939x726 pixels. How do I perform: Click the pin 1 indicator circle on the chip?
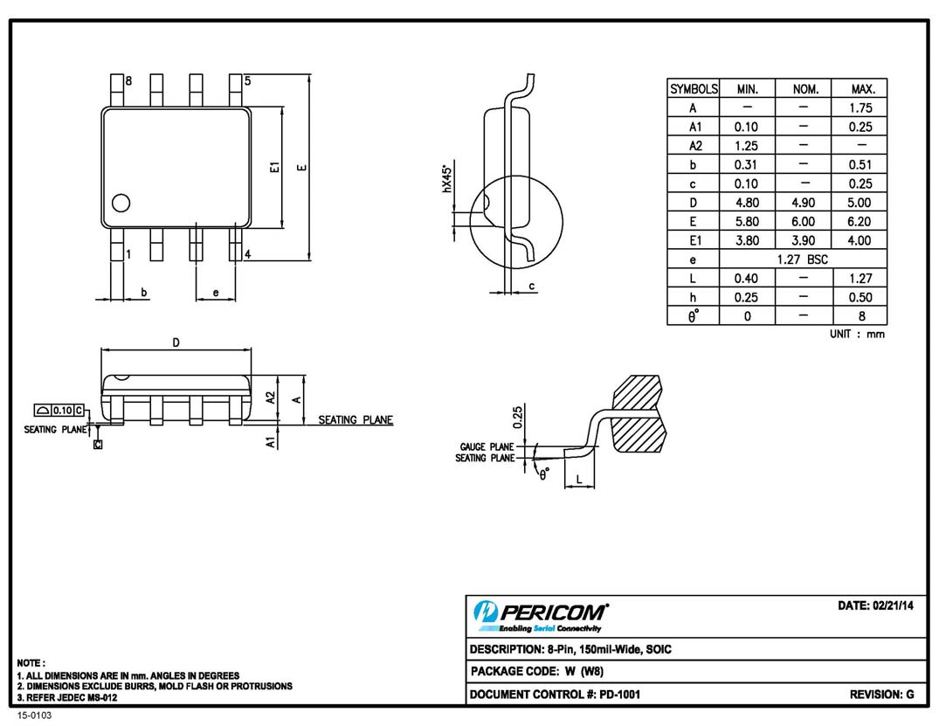pyautogui.click(x=121, y=203)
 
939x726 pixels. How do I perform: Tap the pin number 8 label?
pyautogui.click(x=128, y=81)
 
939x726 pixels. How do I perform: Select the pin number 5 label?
pyautogui.click(x=248, y=81)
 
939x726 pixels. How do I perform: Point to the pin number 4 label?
pyautogui.click(x=248, y=254)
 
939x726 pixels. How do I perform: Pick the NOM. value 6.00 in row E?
pyautogui.click(x=803, y=222)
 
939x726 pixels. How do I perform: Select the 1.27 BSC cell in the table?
pyautogui.click(x=803, y=259)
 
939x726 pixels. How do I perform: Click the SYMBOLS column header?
pyautogui.click(x=694, y=89)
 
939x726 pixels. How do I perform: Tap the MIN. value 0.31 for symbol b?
pyautogui.click(x=747, y=164)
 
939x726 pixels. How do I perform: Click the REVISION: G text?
pyautogui.click(x=881, y=695)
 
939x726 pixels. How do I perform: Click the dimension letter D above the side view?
pyautogui.click(x=176, y=342)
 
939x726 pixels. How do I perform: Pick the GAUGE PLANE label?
pyautogui.click(x=487, y=446)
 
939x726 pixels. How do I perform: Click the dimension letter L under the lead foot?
pyautogui.click(x=579, y=479)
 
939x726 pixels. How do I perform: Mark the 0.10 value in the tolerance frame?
pyautogui.click(x=62, y=410)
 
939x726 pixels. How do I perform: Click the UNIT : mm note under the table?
pyautogui.click(x=857, y=334)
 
